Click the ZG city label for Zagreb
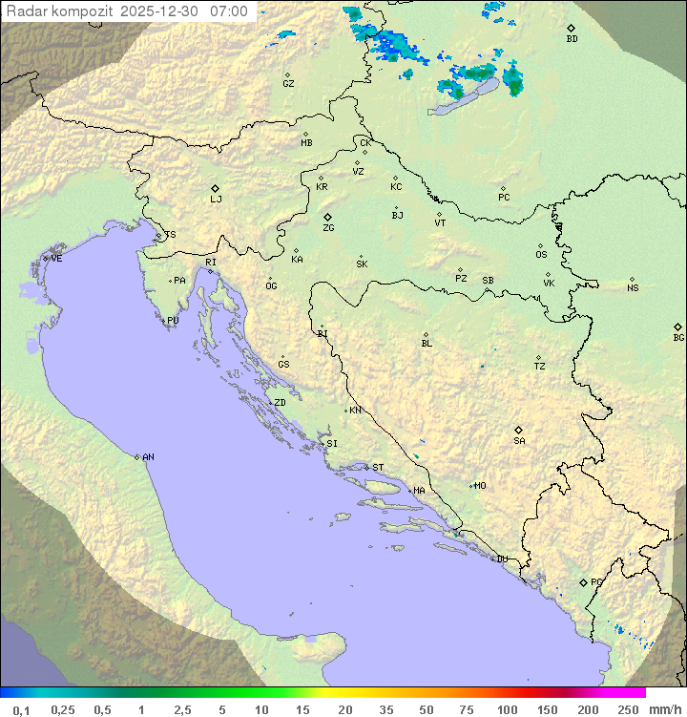(328, 228)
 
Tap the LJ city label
(216, 200)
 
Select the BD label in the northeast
(572, 39)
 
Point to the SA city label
(519, 441)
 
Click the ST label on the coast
(378, 468)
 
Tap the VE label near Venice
(56, 259)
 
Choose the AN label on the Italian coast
(148, 457)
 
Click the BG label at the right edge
(678, 338)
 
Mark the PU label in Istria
(173, 321)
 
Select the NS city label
(633, 288)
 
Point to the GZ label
(288, 84)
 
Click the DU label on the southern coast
(501, 559)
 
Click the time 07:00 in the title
(229, 11)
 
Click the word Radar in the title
(25, 11)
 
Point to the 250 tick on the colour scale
(627, 709)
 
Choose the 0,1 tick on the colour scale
(22, 709)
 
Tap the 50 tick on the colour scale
(425, 709)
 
